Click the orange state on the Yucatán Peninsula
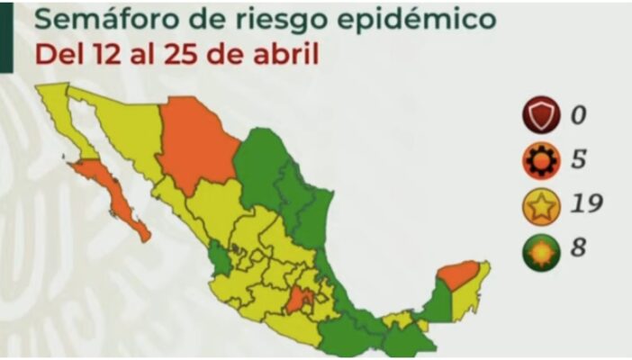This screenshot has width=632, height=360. pos(459,274)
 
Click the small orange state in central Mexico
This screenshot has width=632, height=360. pos(303,301)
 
